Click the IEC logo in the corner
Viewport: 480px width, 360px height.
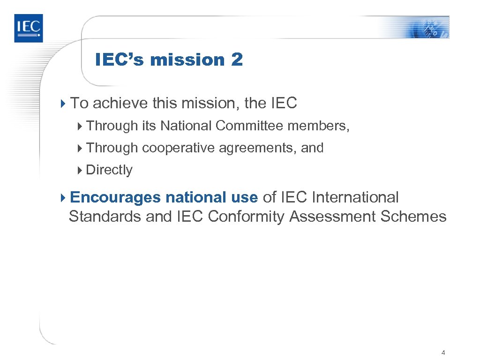pos(28,28)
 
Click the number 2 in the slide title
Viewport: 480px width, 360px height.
pos(237,60)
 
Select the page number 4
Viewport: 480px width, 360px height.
pos(443,352)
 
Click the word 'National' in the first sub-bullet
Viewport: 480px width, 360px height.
pos(186,126)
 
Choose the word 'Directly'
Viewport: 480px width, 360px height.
pos(109,170)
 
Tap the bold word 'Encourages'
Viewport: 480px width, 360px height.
pos(115,197)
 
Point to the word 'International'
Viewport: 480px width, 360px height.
pos(355,197)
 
